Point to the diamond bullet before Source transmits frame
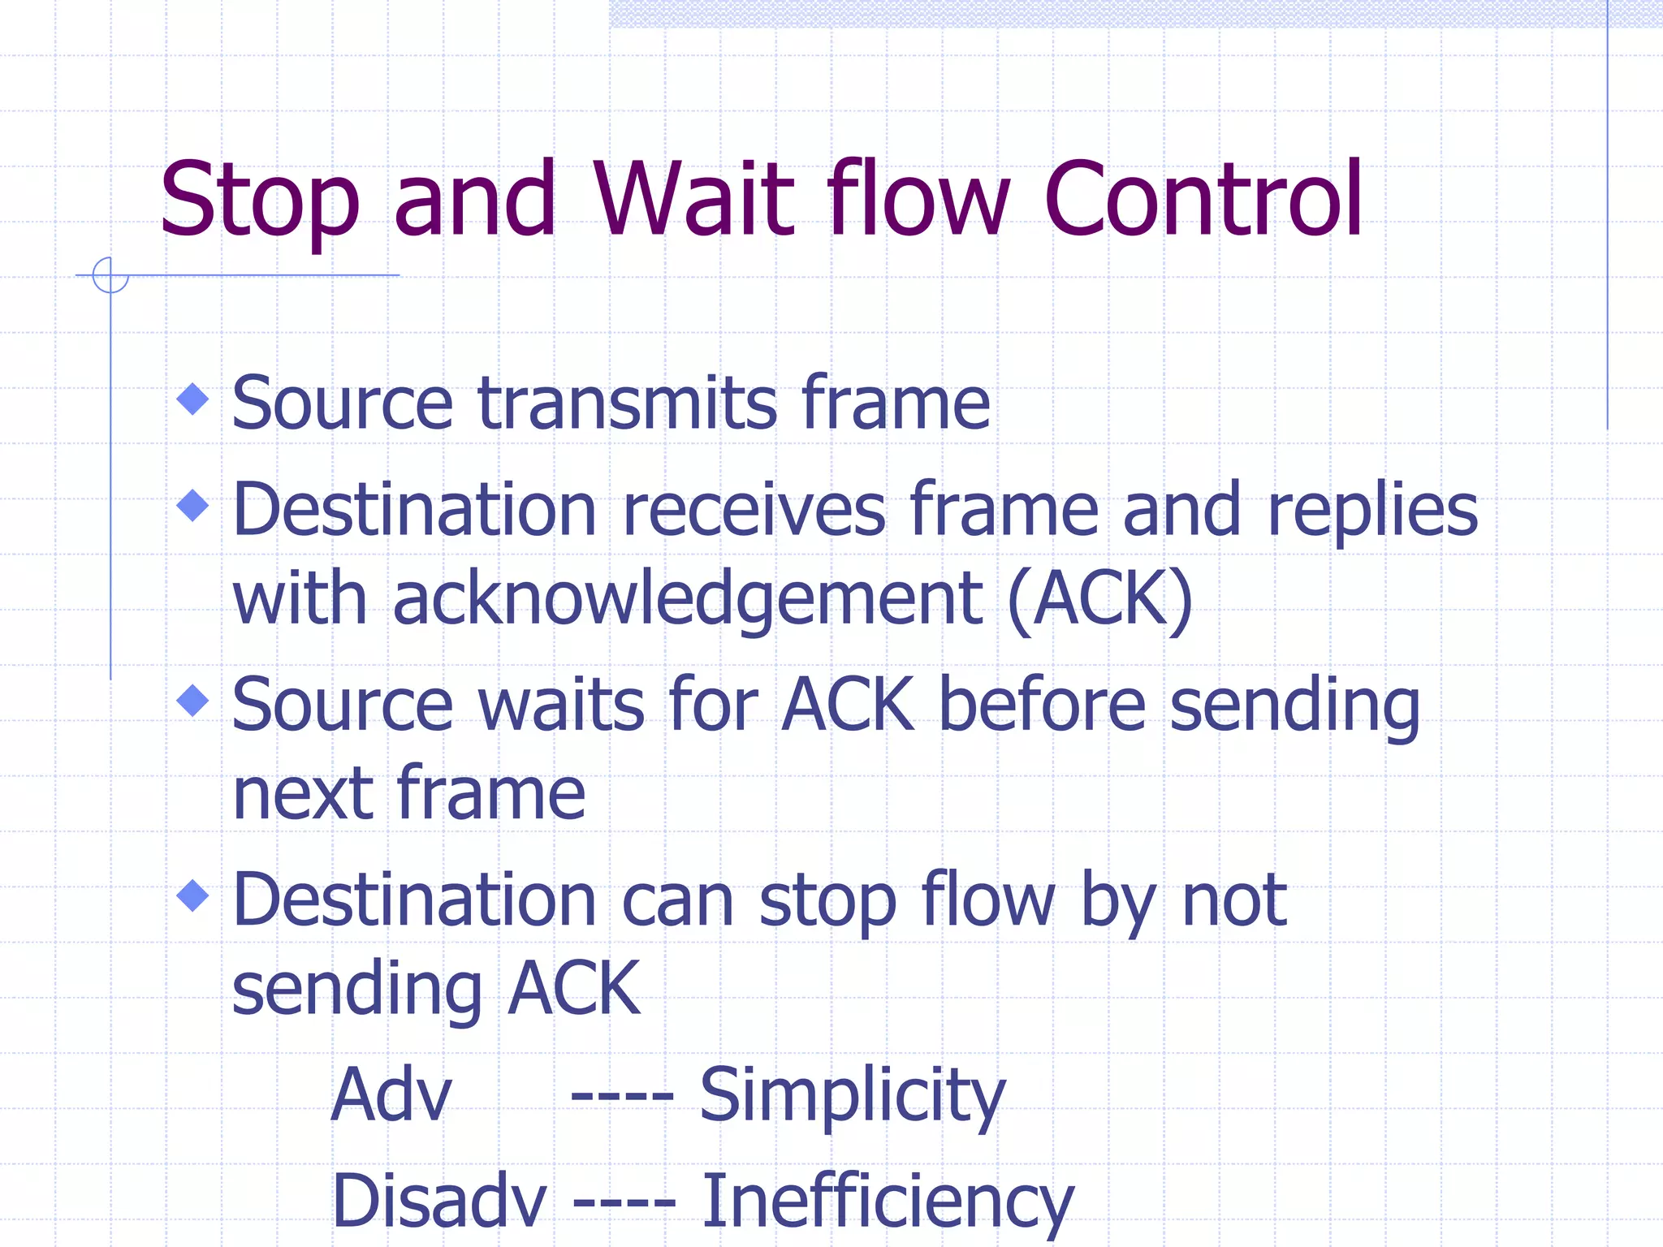point(193,399)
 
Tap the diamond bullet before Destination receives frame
point(193,505)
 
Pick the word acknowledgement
point(689,601)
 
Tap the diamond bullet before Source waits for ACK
point(193,700)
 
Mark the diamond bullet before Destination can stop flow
point(193,895)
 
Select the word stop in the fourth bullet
point(827,901)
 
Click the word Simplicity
point(852,1096)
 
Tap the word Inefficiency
point(887,1202)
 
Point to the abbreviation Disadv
point(439,1202)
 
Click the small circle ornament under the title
point(110,275)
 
